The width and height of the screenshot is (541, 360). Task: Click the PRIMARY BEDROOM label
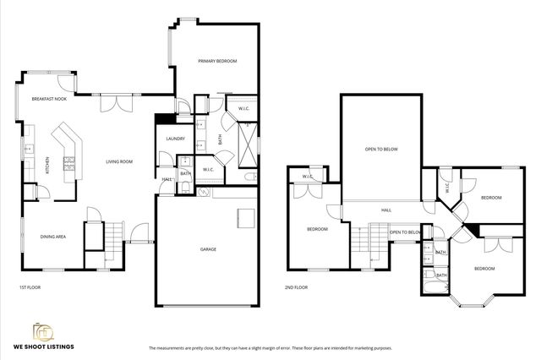[217, 62]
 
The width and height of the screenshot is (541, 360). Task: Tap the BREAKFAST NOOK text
[49, 99]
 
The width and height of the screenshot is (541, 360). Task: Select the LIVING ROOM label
[119, 161]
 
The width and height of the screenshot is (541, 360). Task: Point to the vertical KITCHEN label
[36, 162]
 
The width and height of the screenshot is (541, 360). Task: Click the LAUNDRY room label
[176, 139]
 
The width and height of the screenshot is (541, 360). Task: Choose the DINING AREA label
[53, 237]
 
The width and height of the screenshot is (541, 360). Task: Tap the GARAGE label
[208, 249]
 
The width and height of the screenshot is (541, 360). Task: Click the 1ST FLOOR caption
[31, 287]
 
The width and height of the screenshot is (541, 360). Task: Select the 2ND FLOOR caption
[297, 287]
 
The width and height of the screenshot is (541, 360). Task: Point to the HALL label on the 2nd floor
[385, 210]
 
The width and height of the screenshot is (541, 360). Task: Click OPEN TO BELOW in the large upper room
[381, 149]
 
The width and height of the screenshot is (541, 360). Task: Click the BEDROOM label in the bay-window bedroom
[484, 268]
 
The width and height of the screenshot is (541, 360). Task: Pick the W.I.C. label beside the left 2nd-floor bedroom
[308, 177]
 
